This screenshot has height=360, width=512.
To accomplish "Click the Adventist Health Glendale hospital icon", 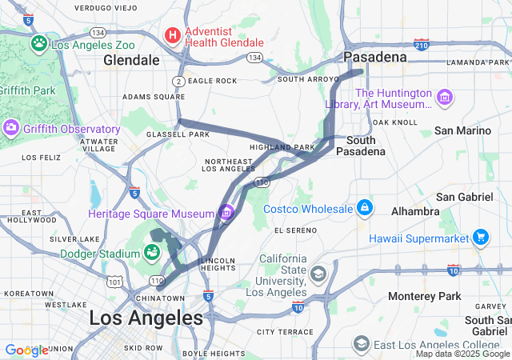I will pyautogui.click(x=172, y=35).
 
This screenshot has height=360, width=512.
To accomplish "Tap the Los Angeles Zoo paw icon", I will pyautogui.click(x=38, y=42).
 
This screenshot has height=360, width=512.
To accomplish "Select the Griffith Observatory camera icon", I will pyautogui.click(x=11, y=128).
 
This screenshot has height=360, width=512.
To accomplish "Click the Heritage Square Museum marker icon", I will pyautogui.click(x=227, y=213).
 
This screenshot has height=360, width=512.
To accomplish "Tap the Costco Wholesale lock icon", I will pyautogui.click(x=365, y=208).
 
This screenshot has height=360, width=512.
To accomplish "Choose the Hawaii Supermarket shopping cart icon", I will pyautogui.click(x=481, y=238).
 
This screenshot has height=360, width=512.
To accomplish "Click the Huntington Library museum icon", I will pyautogui.click(x=446, y=98).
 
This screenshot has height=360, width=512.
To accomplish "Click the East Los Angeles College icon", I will pyautogui.click(x=362, y=344).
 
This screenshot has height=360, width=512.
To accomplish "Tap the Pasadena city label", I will pyautogui.click(x=375, y=58).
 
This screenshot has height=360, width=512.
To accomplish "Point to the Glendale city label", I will pyautogui.click(x=131, y=60).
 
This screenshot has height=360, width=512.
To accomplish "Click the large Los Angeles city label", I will pyautogui.click(x=146, y=318).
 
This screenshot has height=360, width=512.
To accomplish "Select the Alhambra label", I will pyautogui.click(x=414, y=211).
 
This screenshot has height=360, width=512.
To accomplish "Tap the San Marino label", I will pyautogui.click(x=462, y=130).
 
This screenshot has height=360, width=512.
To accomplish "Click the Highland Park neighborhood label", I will pyautogui.click(x=282, y=147).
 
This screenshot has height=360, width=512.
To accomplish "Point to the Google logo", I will pyautogui.click(x=26, y=350).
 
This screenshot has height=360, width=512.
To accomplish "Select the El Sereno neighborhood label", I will pyautogui.click(x=295, y=230).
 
